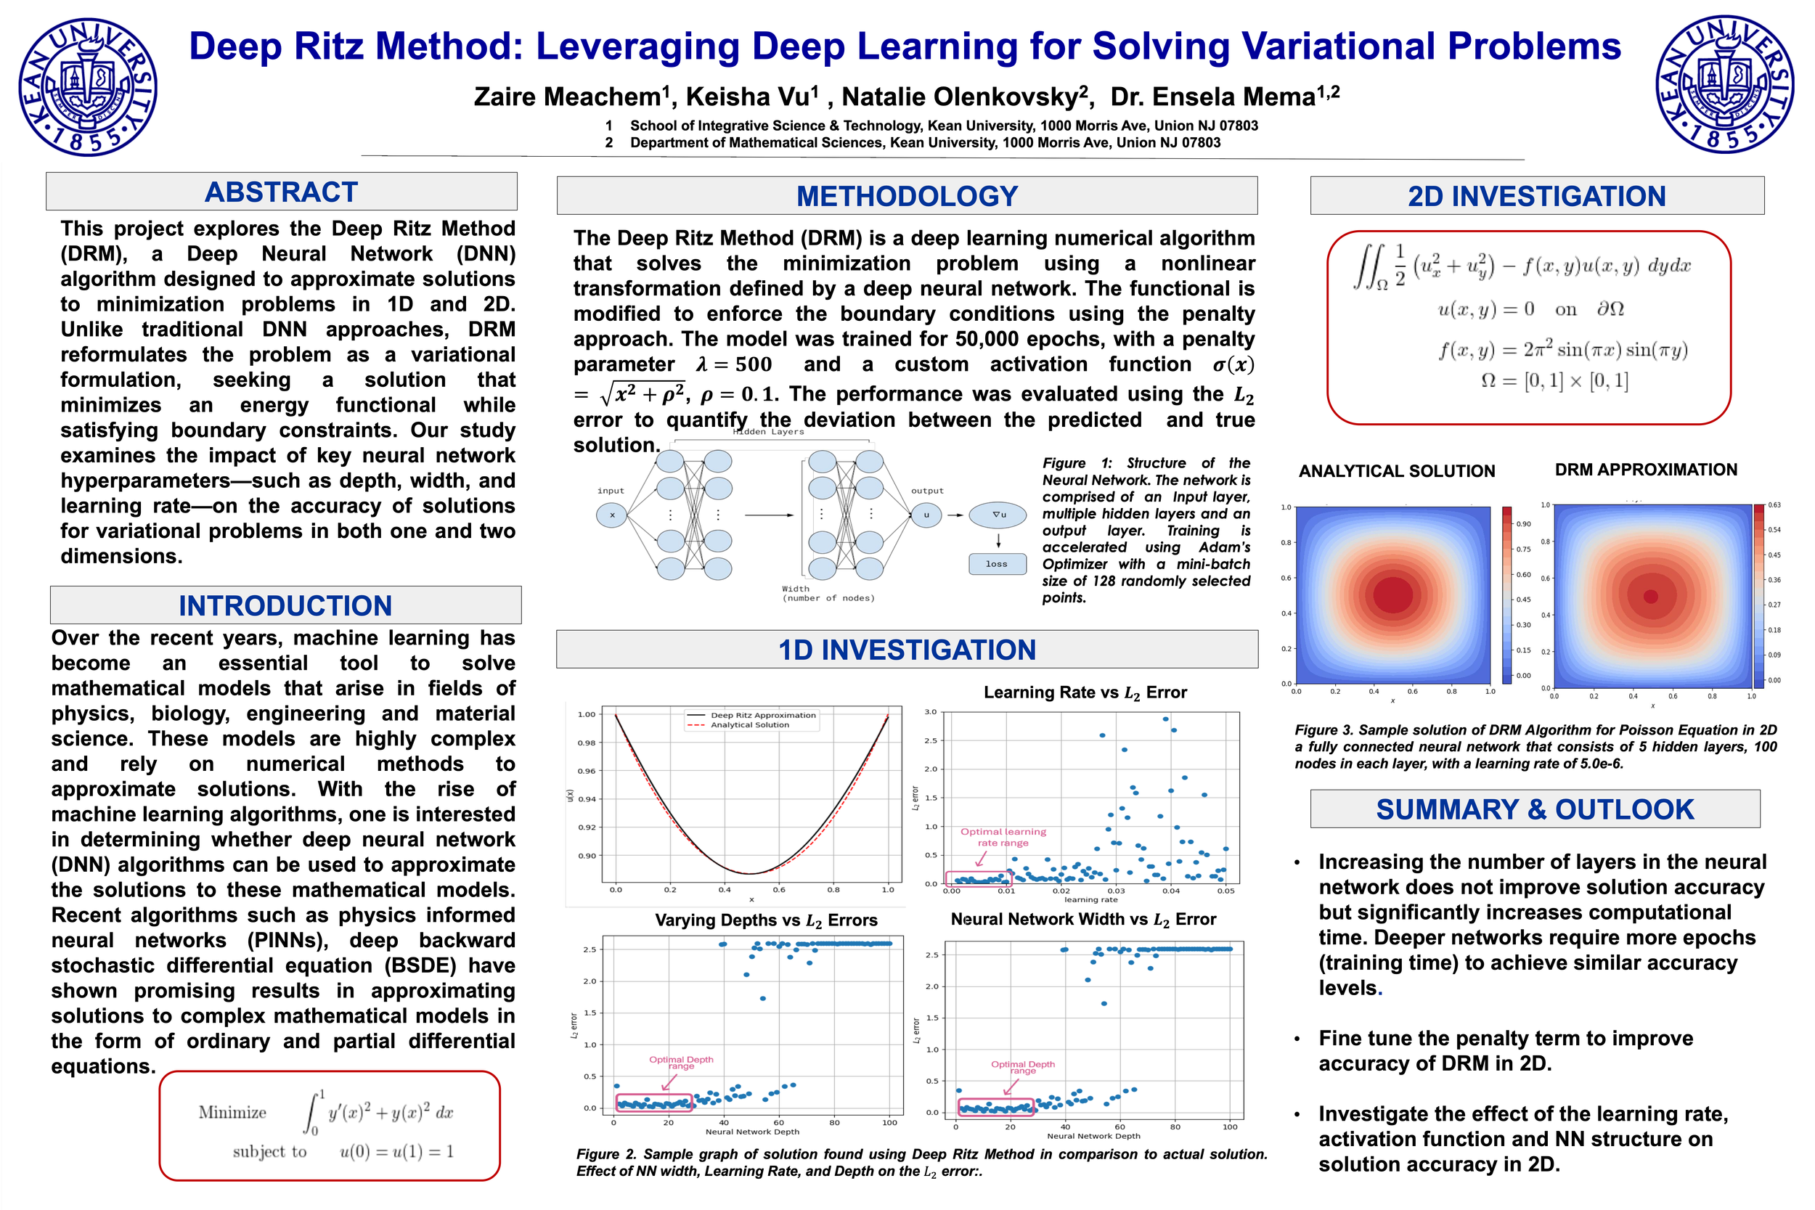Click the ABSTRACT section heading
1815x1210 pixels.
[x=281, y=192]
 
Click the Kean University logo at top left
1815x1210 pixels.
[x=88, y=87]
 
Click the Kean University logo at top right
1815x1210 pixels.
[x=1725, y=84]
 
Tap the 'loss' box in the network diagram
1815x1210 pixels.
[x=997, y=564]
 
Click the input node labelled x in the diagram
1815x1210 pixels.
[x=612, y=515]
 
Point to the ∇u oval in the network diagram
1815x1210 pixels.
[x=998, y=515]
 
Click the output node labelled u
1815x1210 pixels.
[x=926, y=515]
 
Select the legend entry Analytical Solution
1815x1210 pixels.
[x=749, y=725]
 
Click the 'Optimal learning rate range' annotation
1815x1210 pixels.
[x=1003, y=838]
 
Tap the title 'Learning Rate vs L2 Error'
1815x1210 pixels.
[x=1084, y=692]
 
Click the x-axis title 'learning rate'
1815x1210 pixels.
[x=1090, y=900]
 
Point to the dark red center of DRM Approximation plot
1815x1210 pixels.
[x=1651, y=596]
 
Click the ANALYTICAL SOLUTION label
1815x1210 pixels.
[x=1396, y=471]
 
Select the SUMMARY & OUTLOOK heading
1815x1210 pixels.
[x=1534, y=809]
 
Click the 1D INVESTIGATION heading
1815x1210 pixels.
[x=907, y=650]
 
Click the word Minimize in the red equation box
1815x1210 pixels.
[x=232, y=1112]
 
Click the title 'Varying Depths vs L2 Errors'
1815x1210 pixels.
[x=765, y=920]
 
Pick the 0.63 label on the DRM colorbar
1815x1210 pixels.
[x=1774, y=504]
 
